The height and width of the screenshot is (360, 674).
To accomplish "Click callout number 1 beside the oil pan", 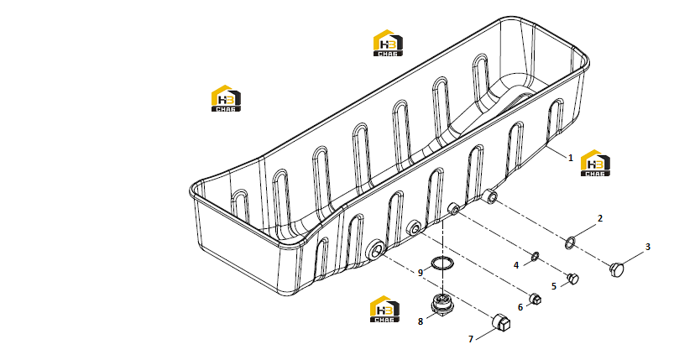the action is click(571, 158).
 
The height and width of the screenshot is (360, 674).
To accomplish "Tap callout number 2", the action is click(600, 218).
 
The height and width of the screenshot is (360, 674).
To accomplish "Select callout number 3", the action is click(648, 247).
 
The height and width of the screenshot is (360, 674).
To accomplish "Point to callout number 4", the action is click(516, 265).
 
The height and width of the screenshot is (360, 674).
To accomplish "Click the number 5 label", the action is click(554, 286).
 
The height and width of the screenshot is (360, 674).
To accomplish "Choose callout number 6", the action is click(520, 307).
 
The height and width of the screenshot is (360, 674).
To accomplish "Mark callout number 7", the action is click(471, 339).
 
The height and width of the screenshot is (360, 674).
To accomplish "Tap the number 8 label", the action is click(421, 321).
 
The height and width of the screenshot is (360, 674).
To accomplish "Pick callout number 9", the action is click(421, 273).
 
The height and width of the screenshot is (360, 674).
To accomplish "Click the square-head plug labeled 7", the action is click(501, 322).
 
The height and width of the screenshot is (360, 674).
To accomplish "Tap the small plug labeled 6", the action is click(535, 299).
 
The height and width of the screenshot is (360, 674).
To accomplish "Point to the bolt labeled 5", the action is click(573, 279).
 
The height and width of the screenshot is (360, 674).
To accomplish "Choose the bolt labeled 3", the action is click(617, 269).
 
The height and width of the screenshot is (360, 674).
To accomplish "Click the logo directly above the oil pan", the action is click(388, 43).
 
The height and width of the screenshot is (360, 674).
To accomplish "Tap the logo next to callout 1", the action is click(595, 163).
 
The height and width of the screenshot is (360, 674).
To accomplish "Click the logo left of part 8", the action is click(384, 309).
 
